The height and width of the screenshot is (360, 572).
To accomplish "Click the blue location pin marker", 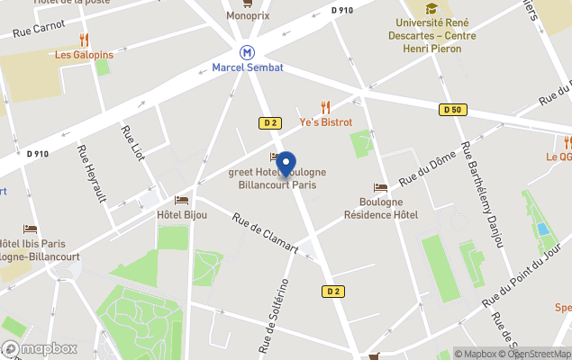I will tap(286, 165).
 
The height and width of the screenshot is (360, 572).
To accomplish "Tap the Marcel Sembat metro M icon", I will tap(246, 52).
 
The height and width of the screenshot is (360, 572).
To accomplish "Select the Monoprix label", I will tap(247, 15).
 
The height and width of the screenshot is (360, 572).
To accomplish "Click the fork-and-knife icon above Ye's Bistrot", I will tap(326, 106).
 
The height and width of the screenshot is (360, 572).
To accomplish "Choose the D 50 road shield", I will tap(452, 110).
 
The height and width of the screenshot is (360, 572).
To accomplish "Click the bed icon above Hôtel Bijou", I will tap(181, 200).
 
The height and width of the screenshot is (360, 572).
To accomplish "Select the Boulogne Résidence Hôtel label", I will tap(381, 208).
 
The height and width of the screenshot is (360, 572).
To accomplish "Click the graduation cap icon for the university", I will tap(431, 8).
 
